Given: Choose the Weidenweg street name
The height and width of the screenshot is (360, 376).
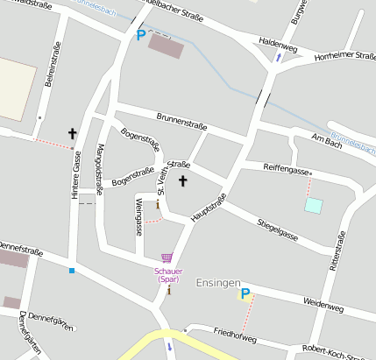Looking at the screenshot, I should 323,304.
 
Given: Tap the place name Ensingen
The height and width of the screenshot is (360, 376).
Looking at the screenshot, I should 217,282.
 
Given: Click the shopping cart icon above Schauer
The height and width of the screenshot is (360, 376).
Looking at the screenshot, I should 167,258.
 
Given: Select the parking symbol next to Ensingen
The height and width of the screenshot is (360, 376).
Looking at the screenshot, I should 245,294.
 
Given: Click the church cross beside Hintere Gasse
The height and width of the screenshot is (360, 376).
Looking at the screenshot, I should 73,134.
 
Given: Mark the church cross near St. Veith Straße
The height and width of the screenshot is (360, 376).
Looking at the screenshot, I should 183,181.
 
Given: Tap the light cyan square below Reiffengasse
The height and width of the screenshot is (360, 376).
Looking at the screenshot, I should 313,206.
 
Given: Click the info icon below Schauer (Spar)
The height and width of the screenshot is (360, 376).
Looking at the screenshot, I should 168,290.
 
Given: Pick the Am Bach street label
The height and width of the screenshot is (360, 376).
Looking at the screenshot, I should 326,138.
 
